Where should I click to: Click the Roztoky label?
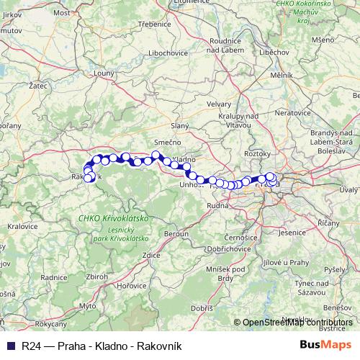tap(256, 153)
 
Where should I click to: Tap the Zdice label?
tap(150, 255)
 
